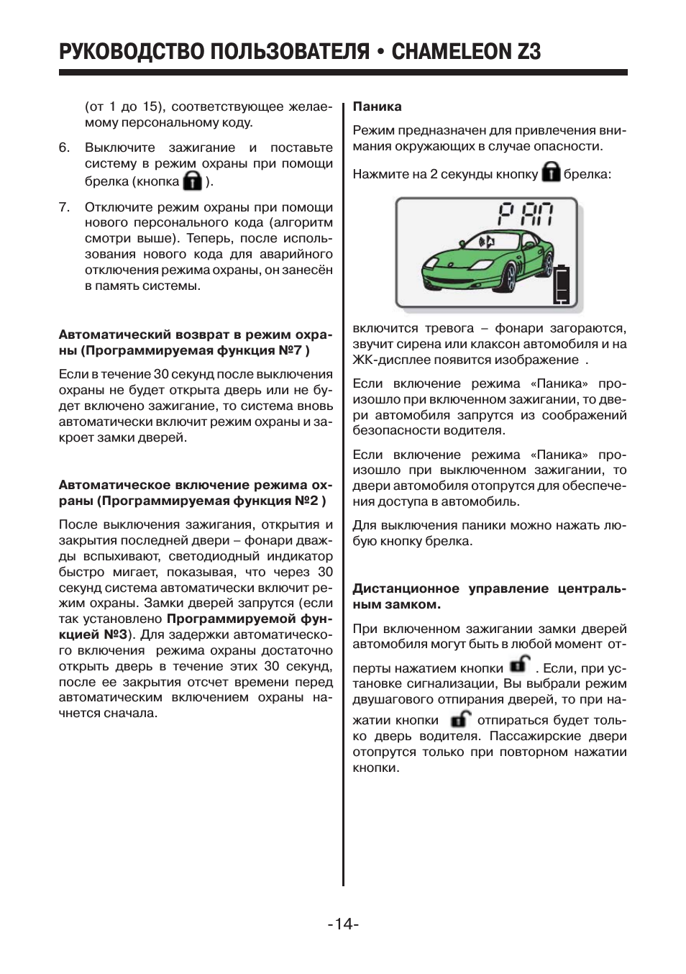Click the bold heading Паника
click(x=377, y=106)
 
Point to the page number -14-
click(x=343, y=924)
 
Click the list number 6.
click(x=64, y=147)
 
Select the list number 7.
click(x=64, y=207)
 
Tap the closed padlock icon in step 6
click(x=192, y=181)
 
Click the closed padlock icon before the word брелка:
click(x=551, y=173)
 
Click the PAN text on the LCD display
click(x=526, y=214)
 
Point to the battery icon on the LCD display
click(x=562, y=285)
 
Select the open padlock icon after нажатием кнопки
click(x=519, y=664)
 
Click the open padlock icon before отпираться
click(x=460, y=718)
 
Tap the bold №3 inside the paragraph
click(x=115, y=634)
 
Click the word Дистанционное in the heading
click(x=406, y=588)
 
